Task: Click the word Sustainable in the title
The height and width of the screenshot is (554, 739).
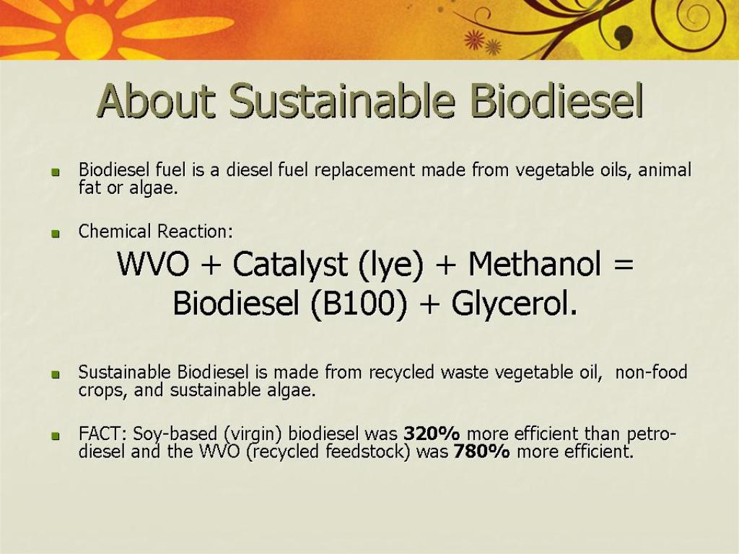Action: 342,101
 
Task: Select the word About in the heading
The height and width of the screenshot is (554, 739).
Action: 156,101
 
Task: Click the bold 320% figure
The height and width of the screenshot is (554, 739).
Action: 432,434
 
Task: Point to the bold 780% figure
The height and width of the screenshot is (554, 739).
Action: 481,452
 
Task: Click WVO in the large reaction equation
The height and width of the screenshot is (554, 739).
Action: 153,264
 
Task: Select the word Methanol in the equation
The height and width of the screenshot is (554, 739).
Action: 535,264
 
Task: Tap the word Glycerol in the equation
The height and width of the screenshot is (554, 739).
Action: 514,304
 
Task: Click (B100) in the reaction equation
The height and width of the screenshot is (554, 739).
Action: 358,304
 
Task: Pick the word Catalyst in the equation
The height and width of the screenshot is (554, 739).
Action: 290,265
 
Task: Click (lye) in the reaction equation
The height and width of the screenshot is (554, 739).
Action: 390,265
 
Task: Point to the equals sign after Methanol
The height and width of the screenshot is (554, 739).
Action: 623,265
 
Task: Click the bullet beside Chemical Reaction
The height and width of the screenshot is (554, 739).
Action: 56,234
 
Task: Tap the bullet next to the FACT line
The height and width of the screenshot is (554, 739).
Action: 56,436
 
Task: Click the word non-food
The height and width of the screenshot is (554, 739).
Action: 652,372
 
